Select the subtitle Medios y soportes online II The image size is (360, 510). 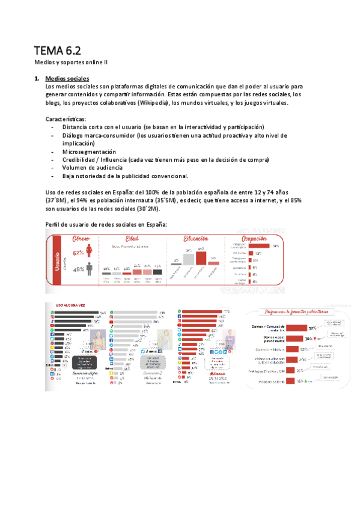tap(70, 62)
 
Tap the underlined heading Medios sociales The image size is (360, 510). tap(67, 79)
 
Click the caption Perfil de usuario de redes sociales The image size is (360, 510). tap(106, 224)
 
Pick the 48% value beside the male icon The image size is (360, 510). tap(78, 270)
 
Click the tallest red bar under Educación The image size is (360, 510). tap(201, 258)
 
